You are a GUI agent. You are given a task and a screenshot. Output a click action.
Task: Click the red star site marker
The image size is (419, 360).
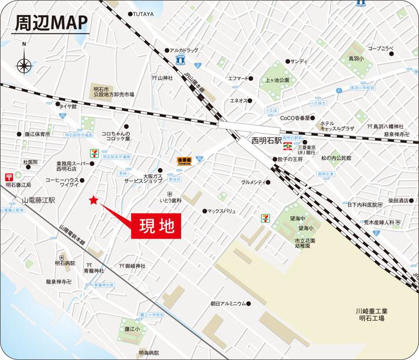tap(93, 201)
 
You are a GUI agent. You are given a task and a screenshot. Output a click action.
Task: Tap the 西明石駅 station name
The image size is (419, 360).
tap(268, 141)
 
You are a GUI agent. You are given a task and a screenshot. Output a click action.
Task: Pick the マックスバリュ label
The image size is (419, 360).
tap(226, 211)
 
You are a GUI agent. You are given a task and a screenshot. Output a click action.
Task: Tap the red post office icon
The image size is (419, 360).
tap(9, 176)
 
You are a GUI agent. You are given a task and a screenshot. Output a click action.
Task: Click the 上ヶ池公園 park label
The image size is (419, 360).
tap(277, 79)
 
